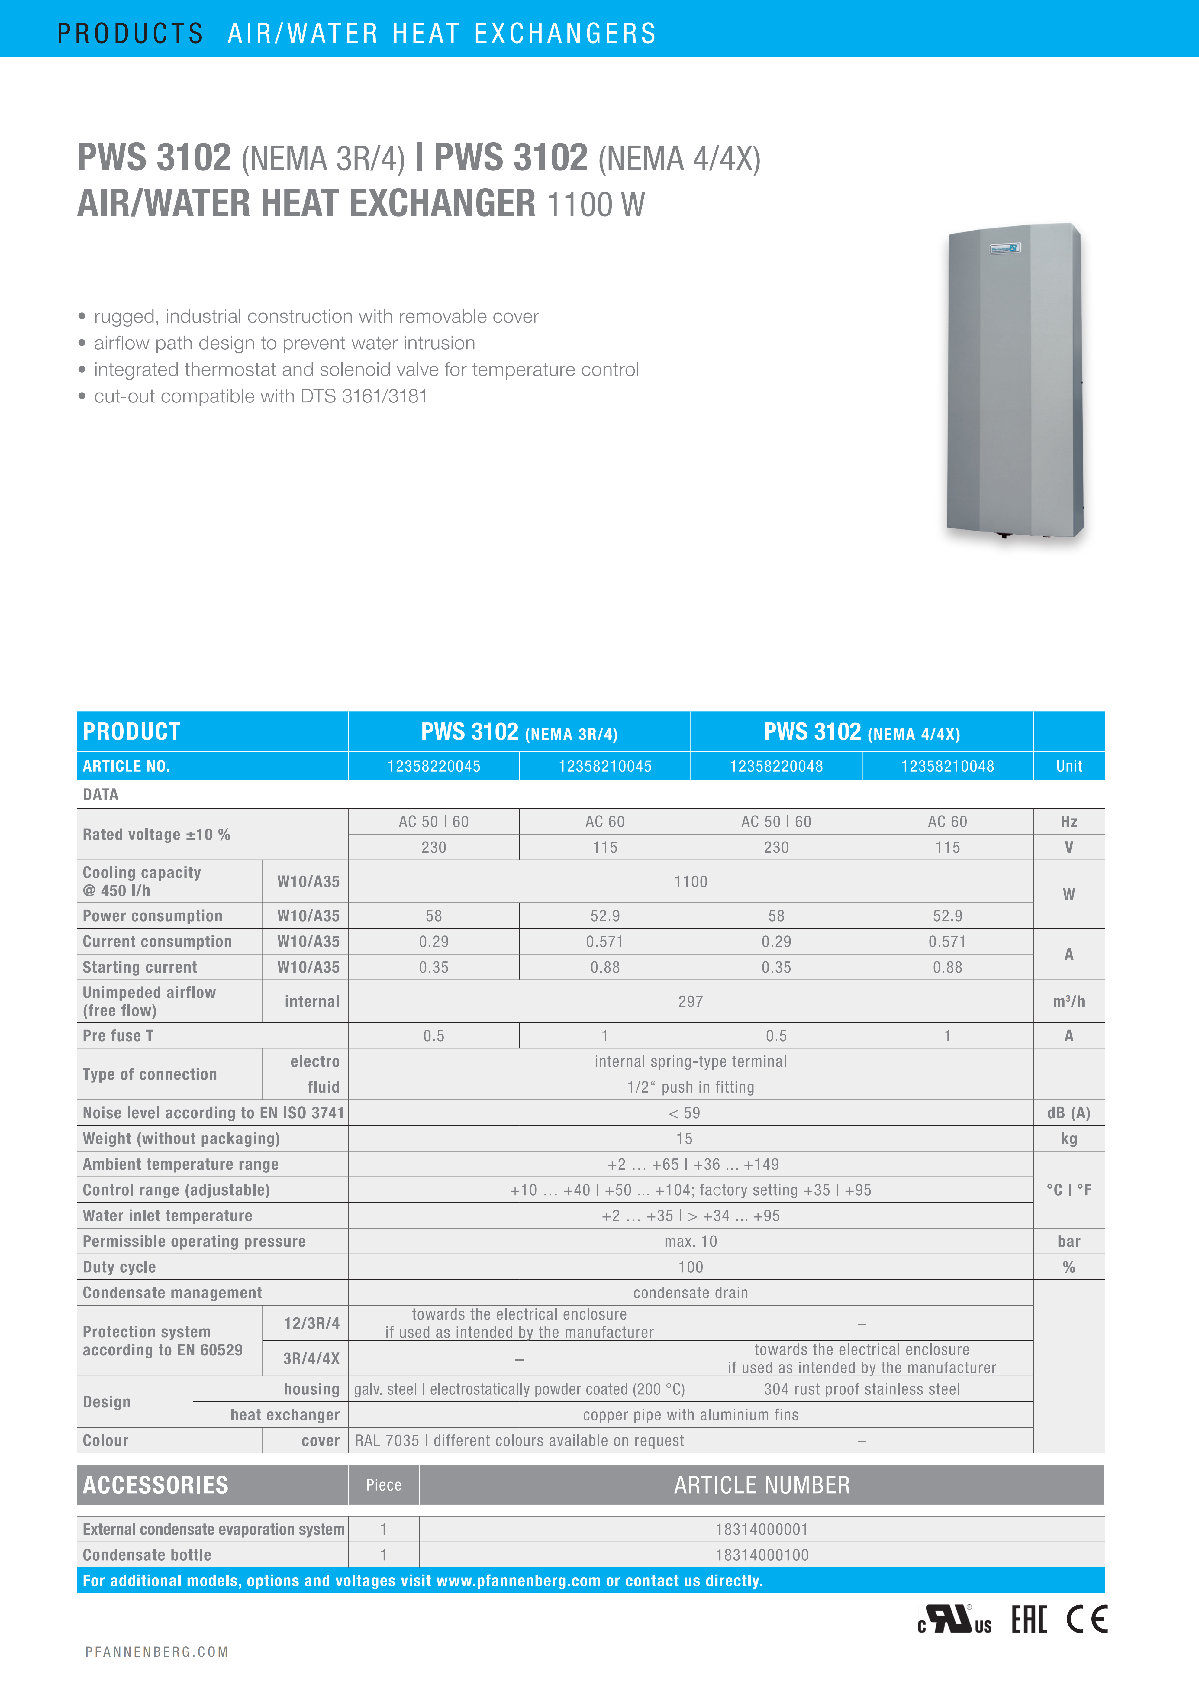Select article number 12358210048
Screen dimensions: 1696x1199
947,766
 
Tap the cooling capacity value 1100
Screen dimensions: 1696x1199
690,881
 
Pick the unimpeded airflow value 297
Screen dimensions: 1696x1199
690,1002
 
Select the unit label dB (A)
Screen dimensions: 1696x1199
1068,1113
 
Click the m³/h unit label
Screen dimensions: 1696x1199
1068,1002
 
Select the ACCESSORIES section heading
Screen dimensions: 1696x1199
156,1485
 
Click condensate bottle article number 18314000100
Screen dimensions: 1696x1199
762,1555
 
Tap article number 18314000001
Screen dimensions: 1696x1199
762,1529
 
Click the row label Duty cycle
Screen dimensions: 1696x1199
120,1267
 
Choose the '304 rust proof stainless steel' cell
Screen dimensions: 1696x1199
862,1389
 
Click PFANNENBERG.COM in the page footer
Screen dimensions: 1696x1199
156,1652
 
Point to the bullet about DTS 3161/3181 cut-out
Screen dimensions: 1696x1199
260,397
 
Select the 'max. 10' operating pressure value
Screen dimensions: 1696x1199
690,1241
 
